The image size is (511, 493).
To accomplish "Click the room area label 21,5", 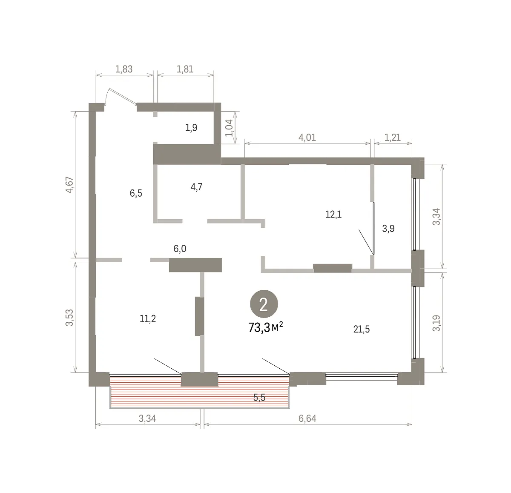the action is pyautogui.click(x=362, y=329).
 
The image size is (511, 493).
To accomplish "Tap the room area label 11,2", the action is pyautogui.click(x=148, y=319).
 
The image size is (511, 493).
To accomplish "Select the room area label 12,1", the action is pyautogui.click(x=333, y=215).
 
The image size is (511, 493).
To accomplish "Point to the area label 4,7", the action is pyautogui.click(x=196, y=187).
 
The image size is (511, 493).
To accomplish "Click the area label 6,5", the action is pyautogui.click(x=136, y=193).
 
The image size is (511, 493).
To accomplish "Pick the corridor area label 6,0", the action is pyautogui.click(x=180, y=248).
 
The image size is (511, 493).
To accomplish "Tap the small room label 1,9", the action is pyautogui.click(x=191, y=128).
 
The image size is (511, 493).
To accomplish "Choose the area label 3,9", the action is pyautogui.click(x=388, y=229).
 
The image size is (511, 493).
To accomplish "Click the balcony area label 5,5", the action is pyautogui.click(x=259, y=398).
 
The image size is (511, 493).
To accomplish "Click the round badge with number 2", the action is pyautogui.click(x=264, y=304).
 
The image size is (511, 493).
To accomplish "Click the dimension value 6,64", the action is pyautogui.click(x=307, y=418).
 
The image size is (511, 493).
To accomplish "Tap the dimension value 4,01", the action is pyautogui.click(x=307, y=137).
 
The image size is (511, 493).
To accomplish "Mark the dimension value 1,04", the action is pyautogui.click(x=229, y=128).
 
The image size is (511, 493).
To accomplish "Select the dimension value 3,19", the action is pyautogui.click(x=436, y=323).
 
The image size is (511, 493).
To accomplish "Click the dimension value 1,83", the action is pyautogui.click(x=124, y=69).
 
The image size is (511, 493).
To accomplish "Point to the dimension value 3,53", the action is pyautogui.click(x=70, y=318).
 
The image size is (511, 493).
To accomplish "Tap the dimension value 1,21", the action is pyautogui.click(x=393, y=137).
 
